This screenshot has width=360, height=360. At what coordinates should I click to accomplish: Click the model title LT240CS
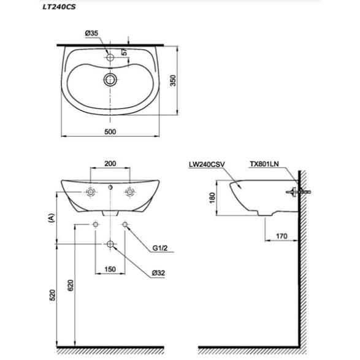[x=59, y=7]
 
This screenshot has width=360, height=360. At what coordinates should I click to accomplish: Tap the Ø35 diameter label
[x=91, y=33]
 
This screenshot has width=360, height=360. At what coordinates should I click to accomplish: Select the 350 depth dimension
[x=173, y=80]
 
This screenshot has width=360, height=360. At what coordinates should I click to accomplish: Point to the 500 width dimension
[x=110, y=132]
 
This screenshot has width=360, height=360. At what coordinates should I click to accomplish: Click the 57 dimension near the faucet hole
[x=124, y=52]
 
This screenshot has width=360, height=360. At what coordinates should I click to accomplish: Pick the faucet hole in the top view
[x=110, y=57]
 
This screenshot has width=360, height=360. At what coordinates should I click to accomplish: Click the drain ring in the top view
[x=110, y=80]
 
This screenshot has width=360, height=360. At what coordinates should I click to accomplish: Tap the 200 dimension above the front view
[x=110, y=164]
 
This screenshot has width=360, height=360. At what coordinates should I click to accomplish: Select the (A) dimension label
[x=52, y=218]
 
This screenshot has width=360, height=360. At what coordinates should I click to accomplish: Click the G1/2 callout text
[x=160, y=248]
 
